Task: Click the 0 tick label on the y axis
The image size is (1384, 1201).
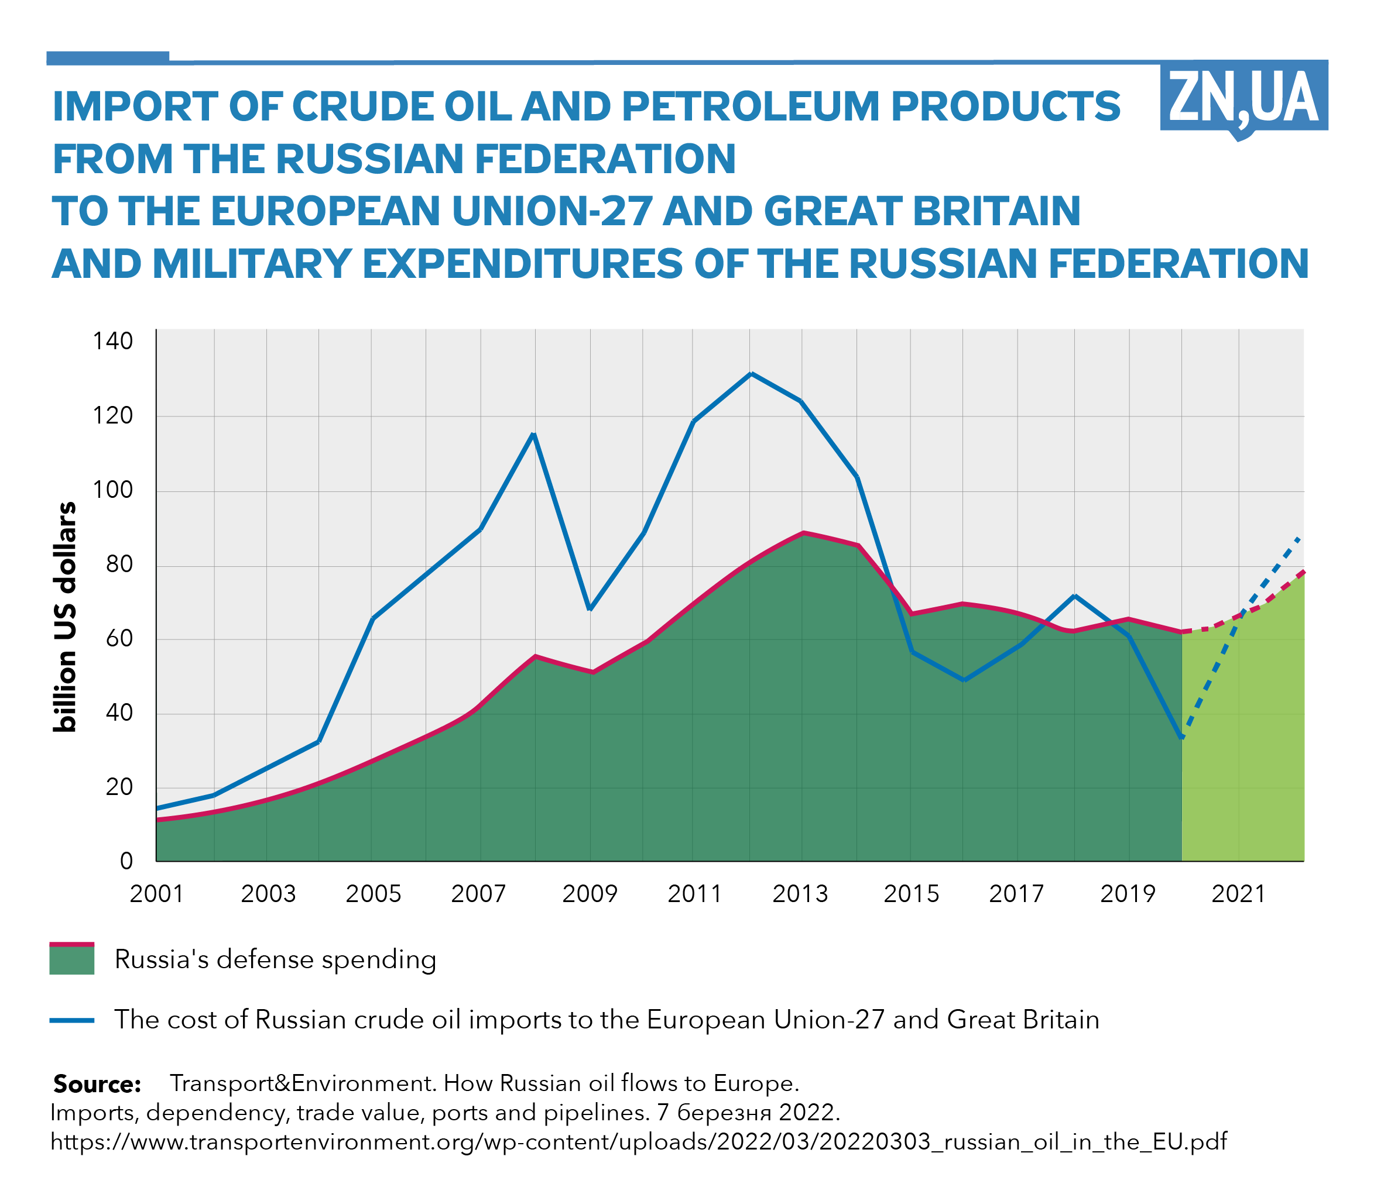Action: coord(126,861)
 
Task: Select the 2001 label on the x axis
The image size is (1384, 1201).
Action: coord(156,893)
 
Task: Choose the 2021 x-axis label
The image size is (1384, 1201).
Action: coord(1238,893)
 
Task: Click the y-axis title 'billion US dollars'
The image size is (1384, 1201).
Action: coord(65,617)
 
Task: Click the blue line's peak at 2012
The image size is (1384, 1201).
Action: coord(751,373)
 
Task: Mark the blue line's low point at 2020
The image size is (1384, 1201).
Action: coord(1181,737)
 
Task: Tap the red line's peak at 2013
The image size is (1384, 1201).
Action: coord(803,533)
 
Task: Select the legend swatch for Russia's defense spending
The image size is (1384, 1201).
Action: coord(72,958)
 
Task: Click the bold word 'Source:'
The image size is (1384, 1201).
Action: coord(97,1084)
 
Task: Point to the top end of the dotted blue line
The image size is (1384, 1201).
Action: coord(1299,538)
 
